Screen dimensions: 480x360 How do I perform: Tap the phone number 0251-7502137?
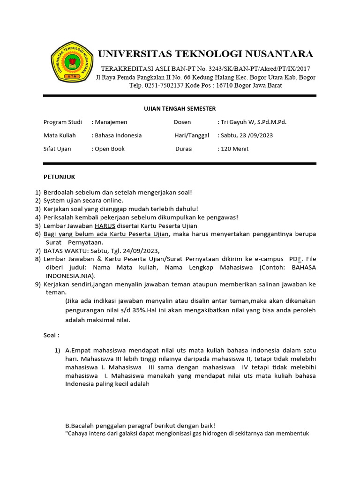(167, 86)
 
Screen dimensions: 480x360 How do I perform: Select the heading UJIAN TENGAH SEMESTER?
(179, 109)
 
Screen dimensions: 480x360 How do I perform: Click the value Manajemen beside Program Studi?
(111, 122)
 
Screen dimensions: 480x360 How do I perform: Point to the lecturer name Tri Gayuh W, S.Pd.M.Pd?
(254, 122)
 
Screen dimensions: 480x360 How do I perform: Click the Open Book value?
(110, 149)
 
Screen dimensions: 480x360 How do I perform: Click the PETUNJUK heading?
(59, 177)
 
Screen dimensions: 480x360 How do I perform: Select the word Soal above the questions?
(50, 335)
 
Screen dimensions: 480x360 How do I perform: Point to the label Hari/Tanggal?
(191, 135)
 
